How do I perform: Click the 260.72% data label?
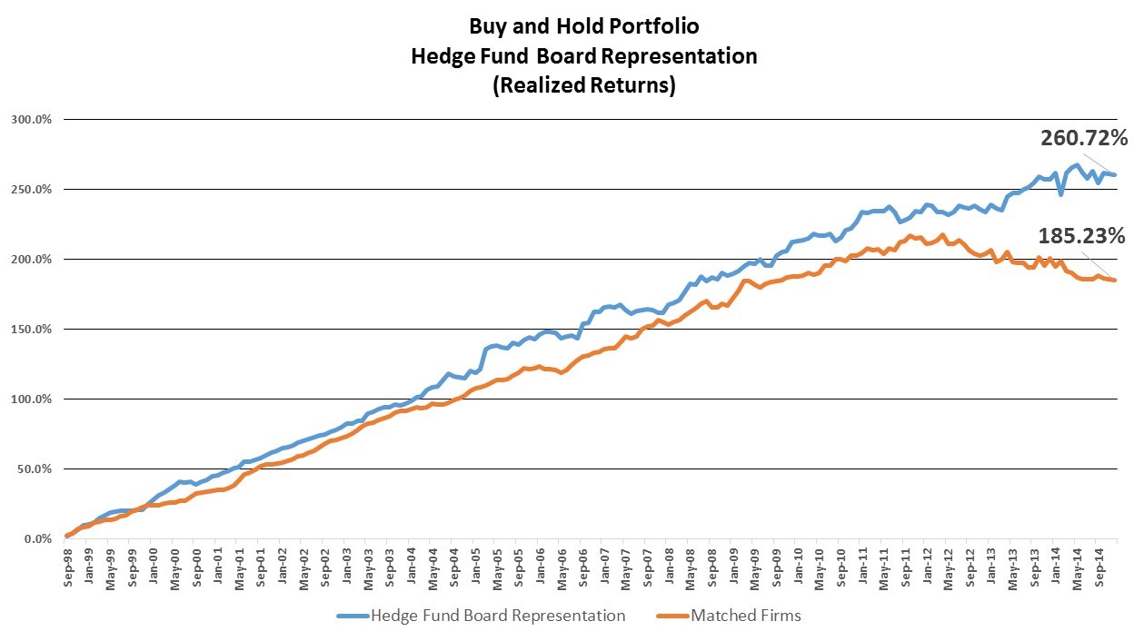click(x=1084, y=139)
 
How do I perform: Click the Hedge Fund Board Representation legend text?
click(x=497, y=616)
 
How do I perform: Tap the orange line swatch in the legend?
click(x=670, y=616)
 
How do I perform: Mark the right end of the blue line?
click(x=1115, y=175)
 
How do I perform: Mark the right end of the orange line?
click(x=1115, y=281)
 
